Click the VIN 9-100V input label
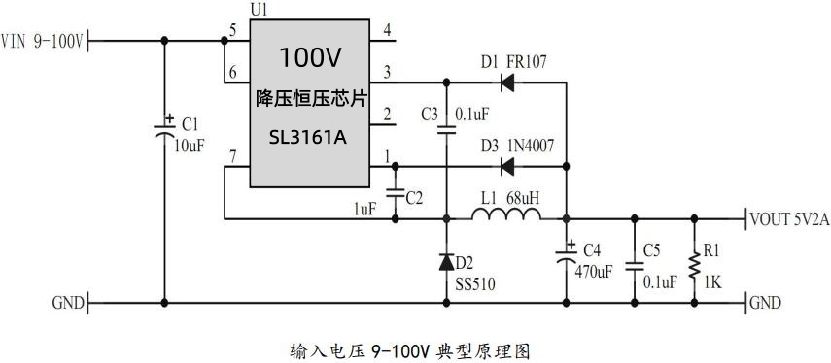[x=45, y=41]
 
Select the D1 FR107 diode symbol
[x=506, y=83]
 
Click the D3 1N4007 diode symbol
[x=506, y=166]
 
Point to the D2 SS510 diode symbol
[x=447, y=261]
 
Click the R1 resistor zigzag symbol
[x=693, y=263]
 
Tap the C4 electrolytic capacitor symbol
[x=566, y=257]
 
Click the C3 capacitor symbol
[x=447, y=127]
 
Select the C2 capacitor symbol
[x=396, y=192]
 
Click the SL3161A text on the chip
[x=307, y=137]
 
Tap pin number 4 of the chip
[x=387, y=31]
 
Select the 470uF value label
[x=592, y=272]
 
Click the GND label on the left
[x=67, y=303]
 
